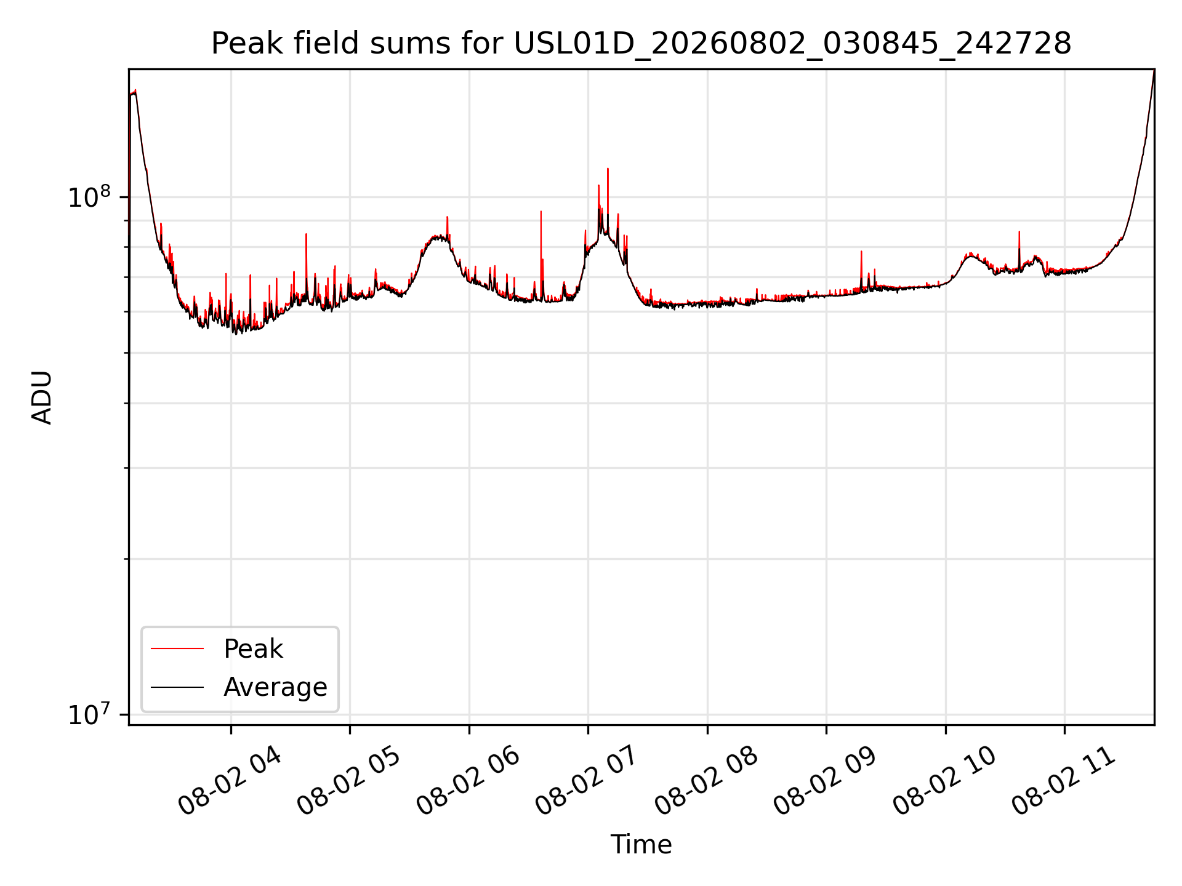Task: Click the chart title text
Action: [641, 44]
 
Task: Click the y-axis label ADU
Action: [42, 397]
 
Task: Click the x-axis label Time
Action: [641, 844]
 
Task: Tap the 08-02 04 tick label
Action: [230, 781]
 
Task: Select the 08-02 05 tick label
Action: [349, 781]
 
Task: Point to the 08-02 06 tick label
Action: [468, 781]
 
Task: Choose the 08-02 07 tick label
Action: [587, 781]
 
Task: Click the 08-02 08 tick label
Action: [707, 781]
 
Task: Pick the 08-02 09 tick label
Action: [826, 781]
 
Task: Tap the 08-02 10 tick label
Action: [945, 781]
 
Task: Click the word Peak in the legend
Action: [253, 649]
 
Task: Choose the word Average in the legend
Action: [275, 687]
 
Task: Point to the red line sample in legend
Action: [177, 649]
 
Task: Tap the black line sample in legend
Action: [177, 687]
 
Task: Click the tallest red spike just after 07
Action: [608, 169]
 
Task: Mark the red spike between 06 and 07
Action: [541, 212]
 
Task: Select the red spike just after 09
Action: [861, 252]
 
